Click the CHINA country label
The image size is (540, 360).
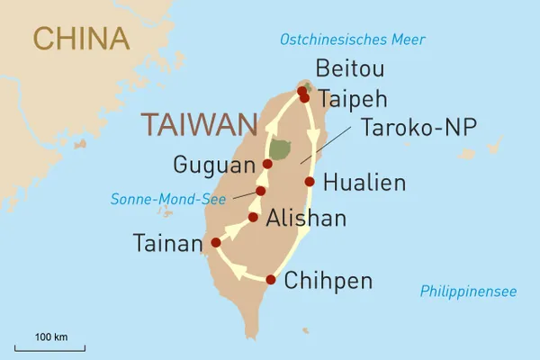[80, 38]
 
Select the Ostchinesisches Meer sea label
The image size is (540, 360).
[353, 40]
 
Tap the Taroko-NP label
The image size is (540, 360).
[418, 128]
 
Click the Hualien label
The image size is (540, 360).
[364, 182]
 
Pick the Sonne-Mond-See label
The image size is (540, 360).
[168, 199]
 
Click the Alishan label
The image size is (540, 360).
[306, 218]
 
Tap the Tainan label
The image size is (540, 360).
[167, 243]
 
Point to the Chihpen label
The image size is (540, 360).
[328, 281]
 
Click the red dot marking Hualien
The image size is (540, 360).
[310, 182]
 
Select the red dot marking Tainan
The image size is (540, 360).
[215, 242]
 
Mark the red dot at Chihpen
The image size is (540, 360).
[270, 280]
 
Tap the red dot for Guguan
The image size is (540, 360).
[267, 164]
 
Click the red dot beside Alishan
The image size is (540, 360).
[254, 216]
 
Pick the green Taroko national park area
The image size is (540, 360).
[280, 149]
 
